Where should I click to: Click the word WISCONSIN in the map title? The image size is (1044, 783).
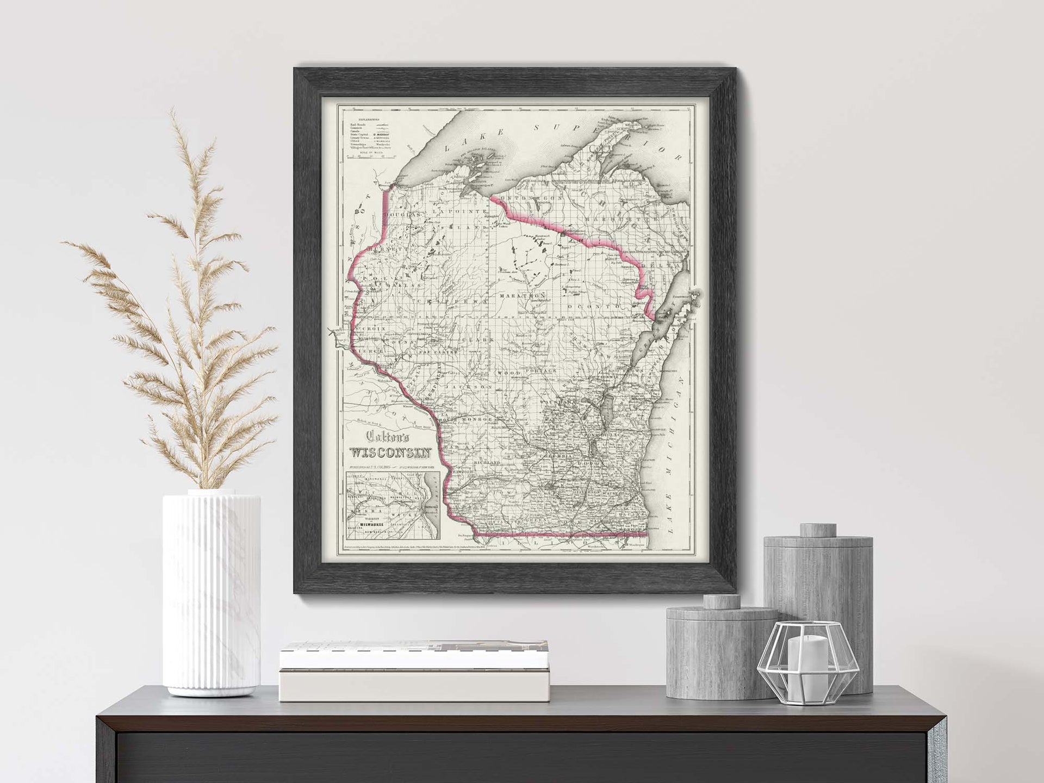click(x=391, y=452)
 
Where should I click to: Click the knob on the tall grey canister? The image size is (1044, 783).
click(x=818, y=530)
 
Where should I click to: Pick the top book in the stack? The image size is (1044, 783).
click(x=360, y=653)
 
